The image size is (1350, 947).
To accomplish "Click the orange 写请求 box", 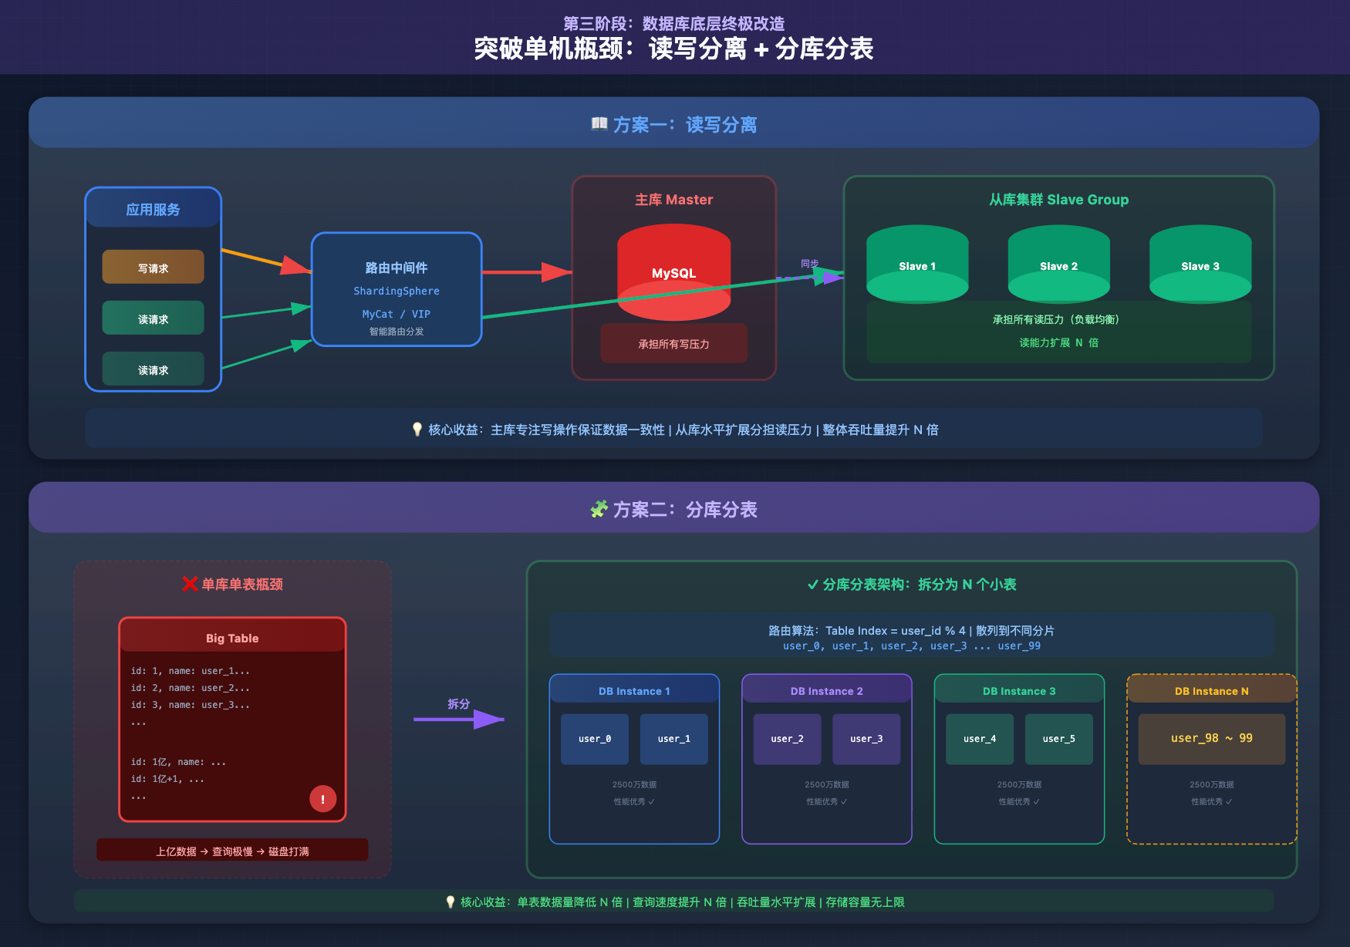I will (x=153, y=267).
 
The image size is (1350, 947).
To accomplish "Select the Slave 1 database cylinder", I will (x=917, y=265).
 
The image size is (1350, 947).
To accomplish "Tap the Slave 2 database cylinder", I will (x=1058, y=265).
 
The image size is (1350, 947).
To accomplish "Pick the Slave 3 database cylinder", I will (x=1200, y=265).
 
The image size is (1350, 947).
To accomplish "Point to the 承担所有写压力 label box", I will (x=673, y=344).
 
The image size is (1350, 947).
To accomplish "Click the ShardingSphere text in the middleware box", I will (x=397, y=291).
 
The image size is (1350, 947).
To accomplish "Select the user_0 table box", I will (x=595, y=739).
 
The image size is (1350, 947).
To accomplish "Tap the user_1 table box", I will (x=673, y=739).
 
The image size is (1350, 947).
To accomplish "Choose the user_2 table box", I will (x=787, y=739).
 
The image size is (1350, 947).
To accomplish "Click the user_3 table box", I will (x=866, y=739).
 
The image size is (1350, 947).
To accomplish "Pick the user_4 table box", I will (x=980, y=739).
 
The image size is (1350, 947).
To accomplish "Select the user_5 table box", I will (x=1058, y=739).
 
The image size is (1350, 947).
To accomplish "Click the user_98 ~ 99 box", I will (x=1211, y=739).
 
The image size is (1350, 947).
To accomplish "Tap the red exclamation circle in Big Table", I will (x=322, y=799).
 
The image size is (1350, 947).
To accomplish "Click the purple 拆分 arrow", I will (x=459, y=720).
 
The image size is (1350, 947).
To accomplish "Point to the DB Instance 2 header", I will (x=826, y=690).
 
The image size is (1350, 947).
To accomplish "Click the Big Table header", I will (x=232, y=637).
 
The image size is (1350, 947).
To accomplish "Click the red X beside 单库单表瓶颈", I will (x=190, y=584).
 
